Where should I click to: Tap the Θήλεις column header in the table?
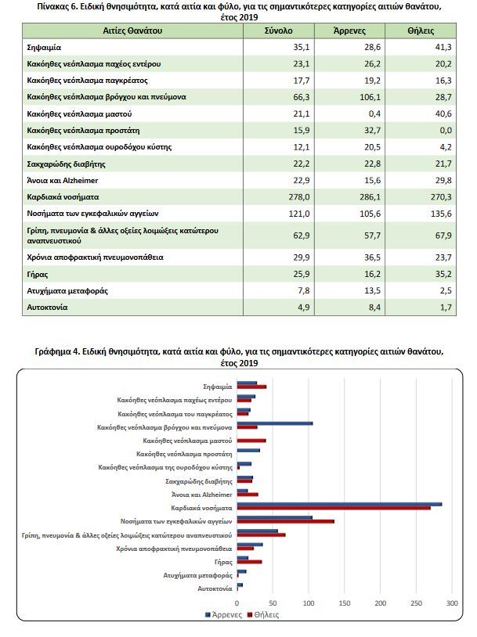pyautogui.click(x=421, y=31)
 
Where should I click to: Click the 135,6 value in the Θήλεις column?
pyautogui.click(x=442, y=213)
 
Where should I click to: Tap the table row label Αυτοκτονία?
pyautogui.click(x=47, y=307)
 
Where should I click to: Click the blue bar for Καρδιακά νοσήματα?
pyautogui.click(x=339, y=505)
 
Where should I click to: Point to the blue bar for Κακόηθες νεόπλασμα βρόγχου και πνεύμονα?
pyautogui.click(x=274, y=424)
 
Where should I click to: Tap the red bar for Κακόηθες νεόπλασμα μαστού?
pyautogui.click(x=251, y=441)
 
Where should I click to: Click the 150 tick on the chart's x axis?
pyautogui.click(x=345, y=603)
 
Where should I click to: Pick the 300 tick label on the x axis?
pyautogui.click(x=452, y=603)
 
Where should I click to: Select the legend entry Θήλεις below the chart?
pyautogui.click(x=263, y=615)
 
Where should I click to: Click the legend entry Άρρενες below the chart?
pyautogui.click(x=224, y=615)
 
